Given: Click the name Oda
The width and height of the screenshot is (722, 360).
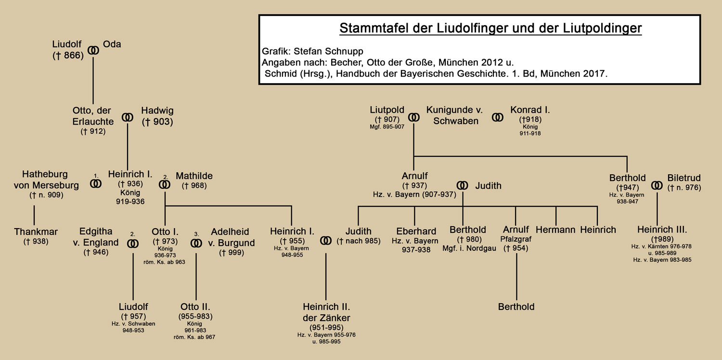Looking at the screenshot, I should point(112,44).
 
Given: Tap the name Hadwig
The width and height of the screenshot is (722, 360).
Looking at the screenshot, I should point(156,111).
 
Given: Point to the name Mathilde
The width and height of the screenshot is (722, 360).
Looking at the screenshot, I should point(194,176).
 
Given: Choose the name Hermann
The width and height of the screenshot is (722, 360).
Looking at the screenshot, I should point(555,230).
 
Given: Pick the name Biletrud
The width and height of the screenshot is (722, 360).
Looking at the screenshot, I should point(684,178).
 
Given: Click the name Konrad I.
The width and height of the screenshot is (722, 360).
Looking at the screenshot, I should point(530,110).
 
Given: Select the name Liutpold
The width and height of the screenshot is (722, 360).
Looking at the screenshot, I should point(387,110).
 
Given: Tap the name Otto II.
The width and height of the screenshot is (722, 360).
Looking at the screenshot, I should point(195,307).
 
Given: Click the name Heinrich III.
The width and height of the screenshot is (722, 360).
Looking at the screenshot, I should point(662,229).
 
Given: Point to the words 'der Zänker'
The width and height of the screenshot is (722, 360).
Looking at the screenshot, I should point(326,318).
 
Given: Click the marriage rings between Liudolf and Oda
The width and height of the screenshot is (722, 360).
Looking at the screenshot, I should point(93,50).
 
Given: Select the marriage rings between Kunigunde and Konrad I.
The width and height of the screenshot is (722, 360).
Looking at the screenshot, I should point(498,116).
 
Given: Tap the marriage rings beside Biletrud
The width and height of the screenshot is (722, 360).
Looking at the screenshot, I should point(657,185).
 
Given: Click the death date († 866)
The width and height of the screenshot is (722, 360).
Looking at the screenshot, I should point(68,55).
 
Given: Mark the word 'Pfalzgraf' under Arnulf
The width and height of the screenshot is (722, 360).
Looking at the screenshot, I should point(516,239).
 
